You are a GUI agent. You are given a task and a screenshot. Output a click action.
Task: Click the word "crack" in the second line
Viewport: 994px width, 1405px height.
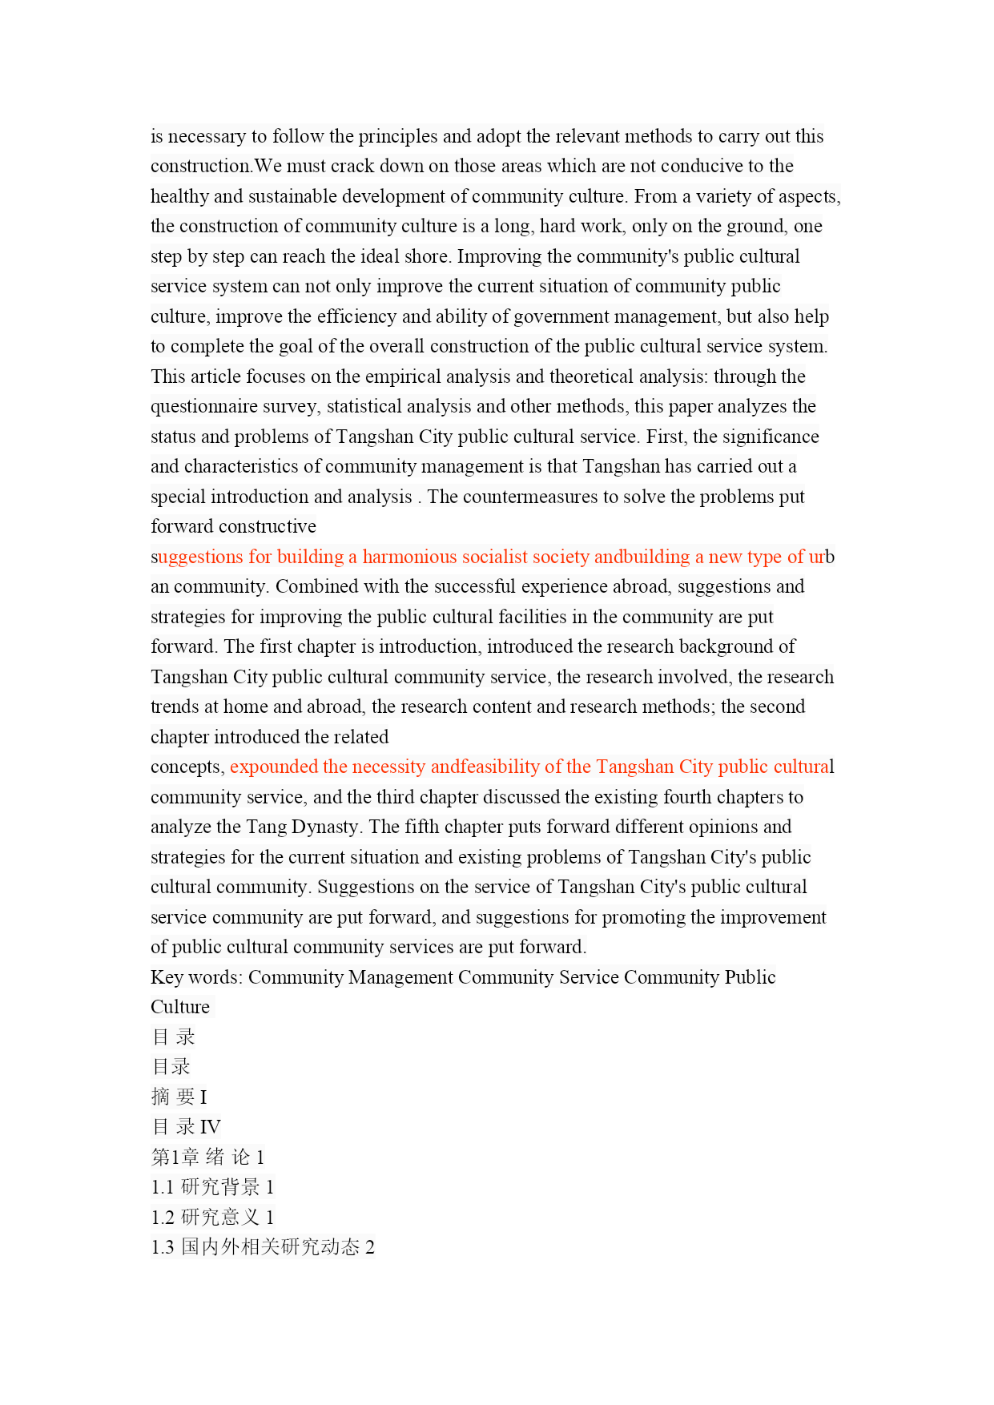352,167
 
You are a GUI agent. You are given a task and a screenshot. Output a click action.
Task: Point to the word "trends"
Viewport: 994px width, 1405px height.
174,707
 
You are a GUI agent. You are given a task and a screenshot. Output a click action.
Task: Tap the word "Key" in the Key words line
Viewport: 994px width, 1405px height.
166,977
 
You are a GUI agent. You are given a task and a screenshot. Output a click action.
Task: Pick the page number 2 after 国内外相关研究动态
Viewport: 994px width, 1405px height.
370,1247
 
